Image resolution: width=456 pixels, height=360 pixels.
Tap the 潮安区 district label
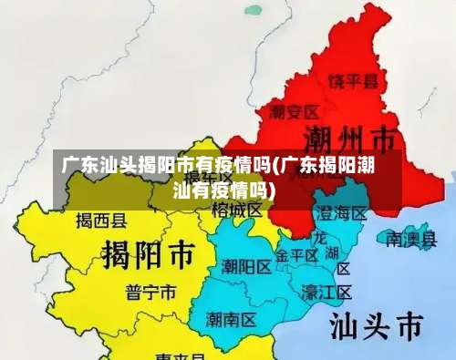pyautogui.click(x=294, y=112)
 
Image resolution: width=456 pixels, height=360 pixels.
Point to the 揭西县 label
pyautogui.click(x=101, y=220)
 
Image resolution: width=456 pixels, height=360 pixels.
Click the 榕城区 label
pyautogui.click(x=237, y=210)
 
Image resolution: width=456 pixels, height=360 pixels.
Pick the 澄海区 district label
pyautogui.click(x=340, y=213)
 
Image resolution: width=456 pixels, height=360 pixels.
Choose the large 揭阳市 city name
pyautogui.click(x=148, y=252)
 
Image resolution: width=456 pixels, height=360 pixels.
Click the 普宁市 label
pyautogui.click(x=151, y=292)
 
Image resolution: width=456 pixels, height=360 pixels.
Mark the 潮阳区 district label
pyautogui.click(x=246, y=267)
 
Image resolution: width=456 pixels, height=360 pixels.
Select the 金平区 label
pyautogui.click(x=297, y=255)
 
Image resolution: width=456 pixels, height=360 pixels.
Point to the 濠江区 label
pyautogui.click(x=326, y=292)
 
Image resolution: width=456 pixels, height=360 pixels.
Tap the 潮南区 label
pyautogui.click(x=231, y=319)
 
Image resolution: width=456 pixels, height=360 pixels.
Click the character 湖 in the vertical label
pyautogui.click(x=332, y=252)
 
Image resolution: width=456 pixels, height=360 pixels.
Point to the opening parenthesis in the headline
pyautogui.click(x=276, y=166)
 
